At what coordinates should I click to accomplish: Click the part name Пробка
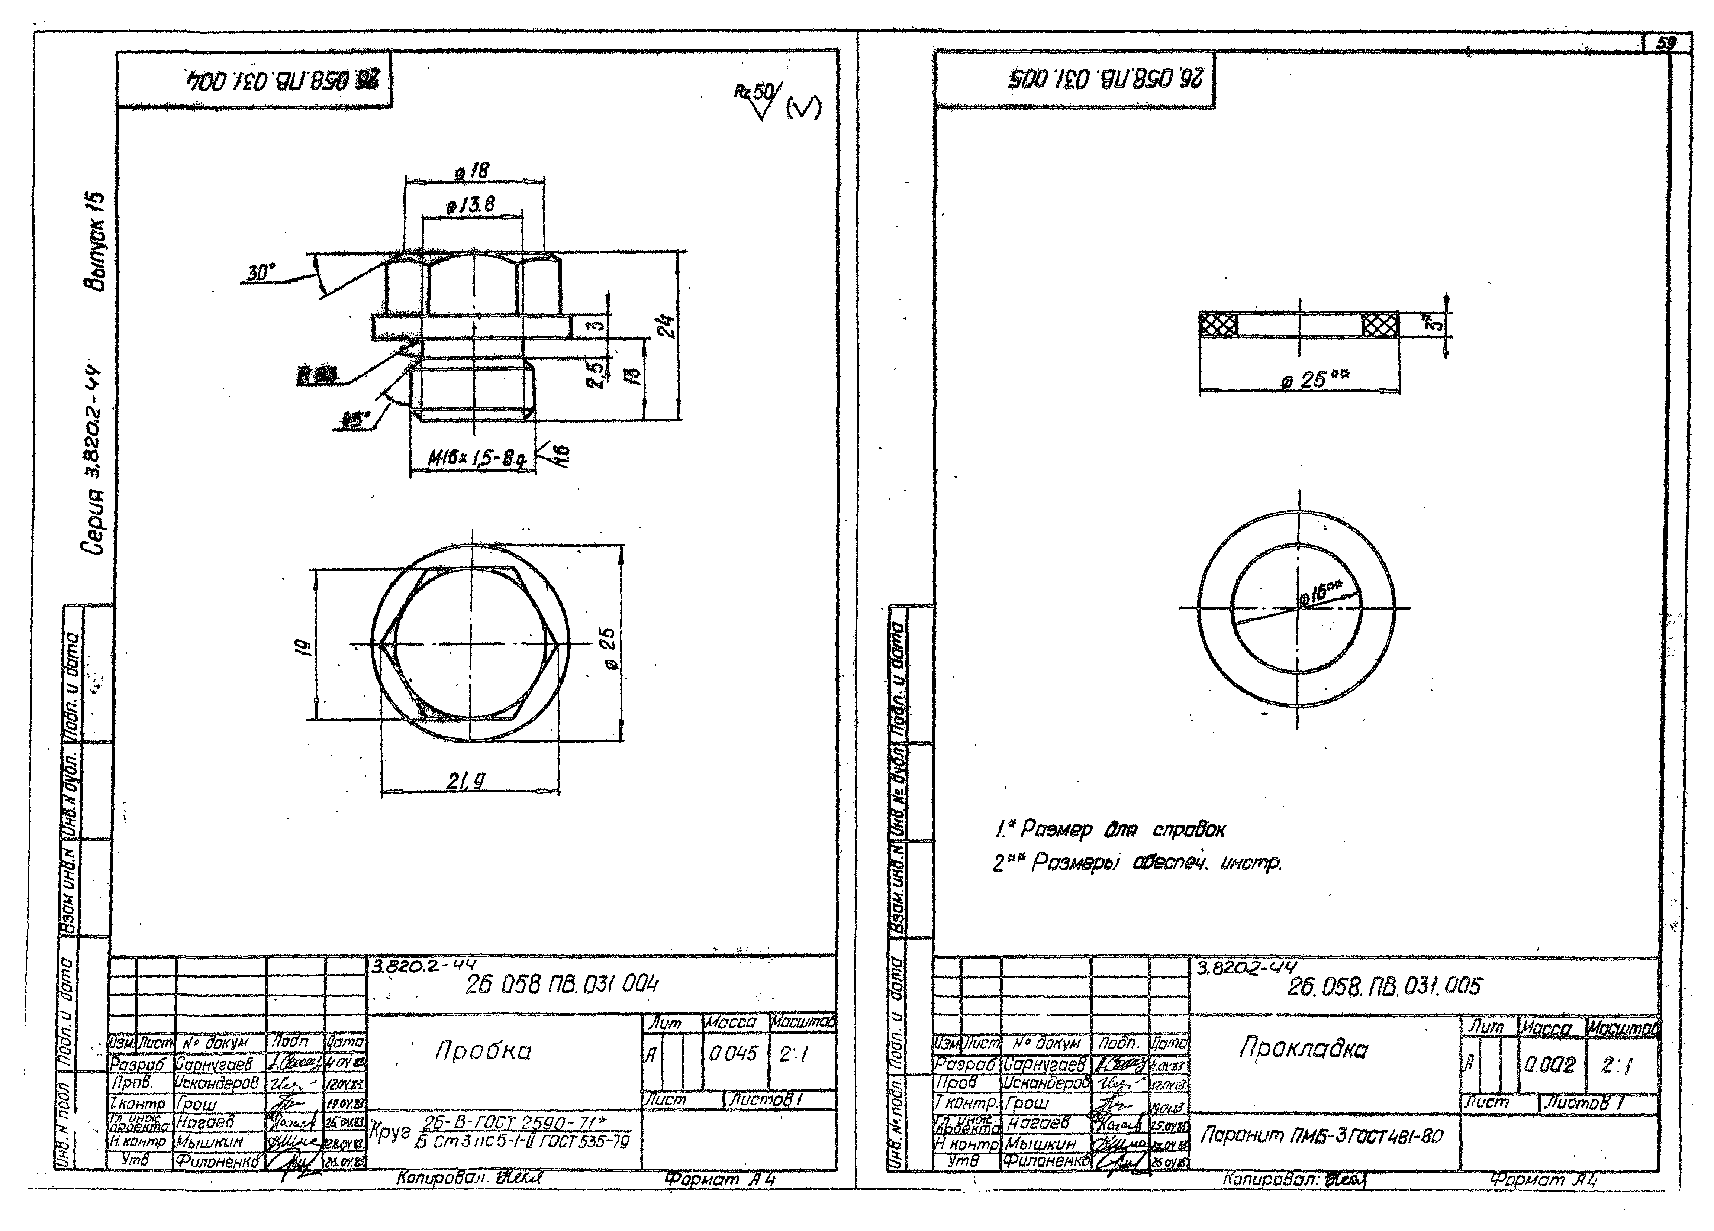click(x=484, y=1051)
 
